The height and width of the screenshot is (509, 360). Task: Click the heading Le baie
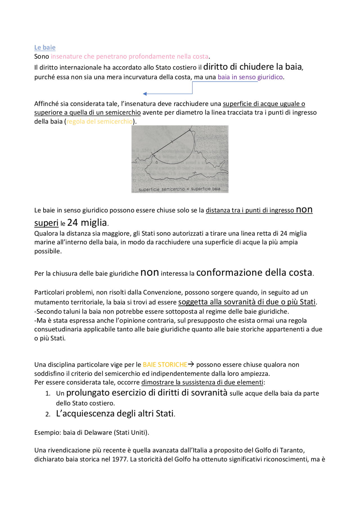[45, 47]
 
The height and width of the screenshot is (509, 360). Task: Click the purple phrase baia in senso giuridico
[250, 77]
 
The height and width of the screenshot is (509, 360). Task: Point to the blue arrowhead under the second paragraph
[145, 94]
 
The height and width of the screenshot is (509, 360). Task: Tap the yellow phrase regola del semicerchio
[99, 121]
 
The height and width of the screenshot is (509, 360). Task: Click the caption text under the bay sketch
[179, 189]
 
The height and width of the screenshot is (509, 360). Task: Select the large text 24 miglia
[87, 223]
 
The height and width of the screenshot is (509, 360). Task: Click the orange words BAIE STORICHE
[165, 365]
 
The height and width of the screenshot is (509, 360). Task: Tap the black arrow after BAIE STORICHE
[191, 364]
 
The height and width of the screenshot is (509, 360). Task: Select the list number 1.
[48, 393]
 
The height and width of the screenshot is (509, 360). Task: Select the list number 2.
[48, 414]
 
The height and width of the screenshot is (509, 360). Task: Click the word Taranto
[292, 450]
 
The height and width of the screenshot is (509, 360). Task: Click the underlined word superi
[46, 223]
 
